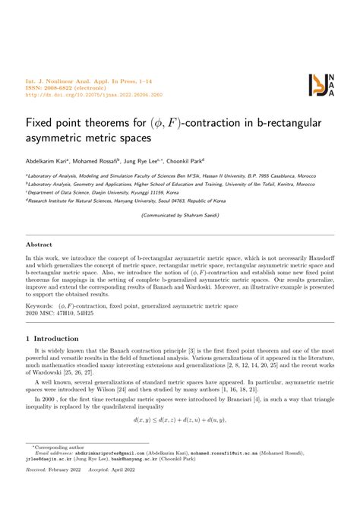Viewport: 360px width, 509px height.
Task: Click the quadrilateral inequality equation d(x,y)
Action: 180,419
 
